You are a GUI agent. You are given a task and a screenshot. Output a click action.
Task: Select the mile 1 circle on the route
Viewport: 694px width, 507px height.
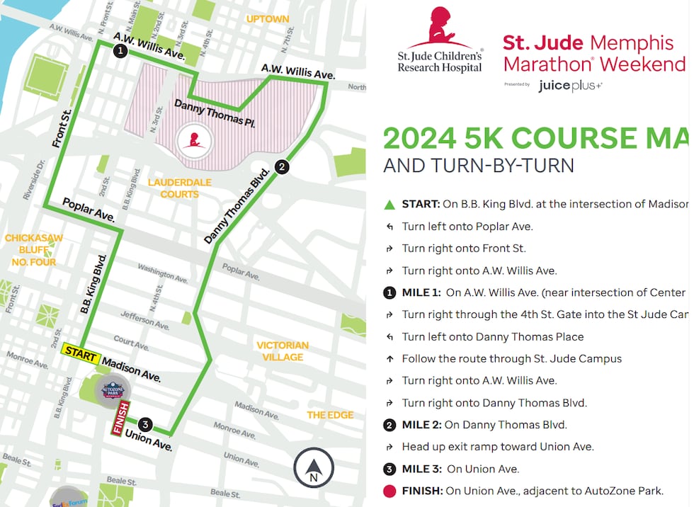tap(120, 50)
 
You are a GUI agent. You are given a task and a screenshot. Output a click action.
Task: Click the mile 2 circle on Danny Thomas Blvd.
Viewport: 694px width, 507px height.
tap(282, 167)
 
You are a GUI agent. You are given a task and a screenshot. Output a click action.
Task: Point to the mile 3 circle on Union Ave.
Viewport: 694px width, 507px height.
tap(145, 425)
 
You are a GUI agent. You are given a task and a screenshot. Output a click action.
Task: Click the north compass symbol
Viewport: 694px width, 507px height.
tap(313, 468)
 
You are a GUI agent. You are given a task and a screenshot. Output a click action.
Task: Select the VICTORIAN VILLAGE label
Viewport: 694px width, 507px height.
tap(283, 351)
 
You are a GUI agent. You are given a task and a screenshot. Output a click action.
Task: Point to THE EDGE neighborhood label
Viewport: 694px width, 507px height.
tap(330, 415)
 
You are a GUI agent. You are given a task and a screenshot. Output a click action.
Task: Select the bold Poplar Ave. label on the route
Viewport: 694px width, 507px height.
tap(89, 209)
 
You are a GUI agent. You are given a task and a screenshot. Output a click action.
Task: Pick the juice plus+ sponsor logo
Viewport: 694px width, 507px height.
tap(570, 86)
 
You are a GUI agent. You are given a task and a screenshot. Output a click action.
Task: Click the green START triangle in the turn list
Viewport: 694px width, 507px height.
tap(389, 205)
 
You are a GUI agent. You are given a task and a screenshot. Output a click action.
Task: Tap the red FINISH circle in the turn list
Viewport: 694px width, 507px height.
tap(389, 491)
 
